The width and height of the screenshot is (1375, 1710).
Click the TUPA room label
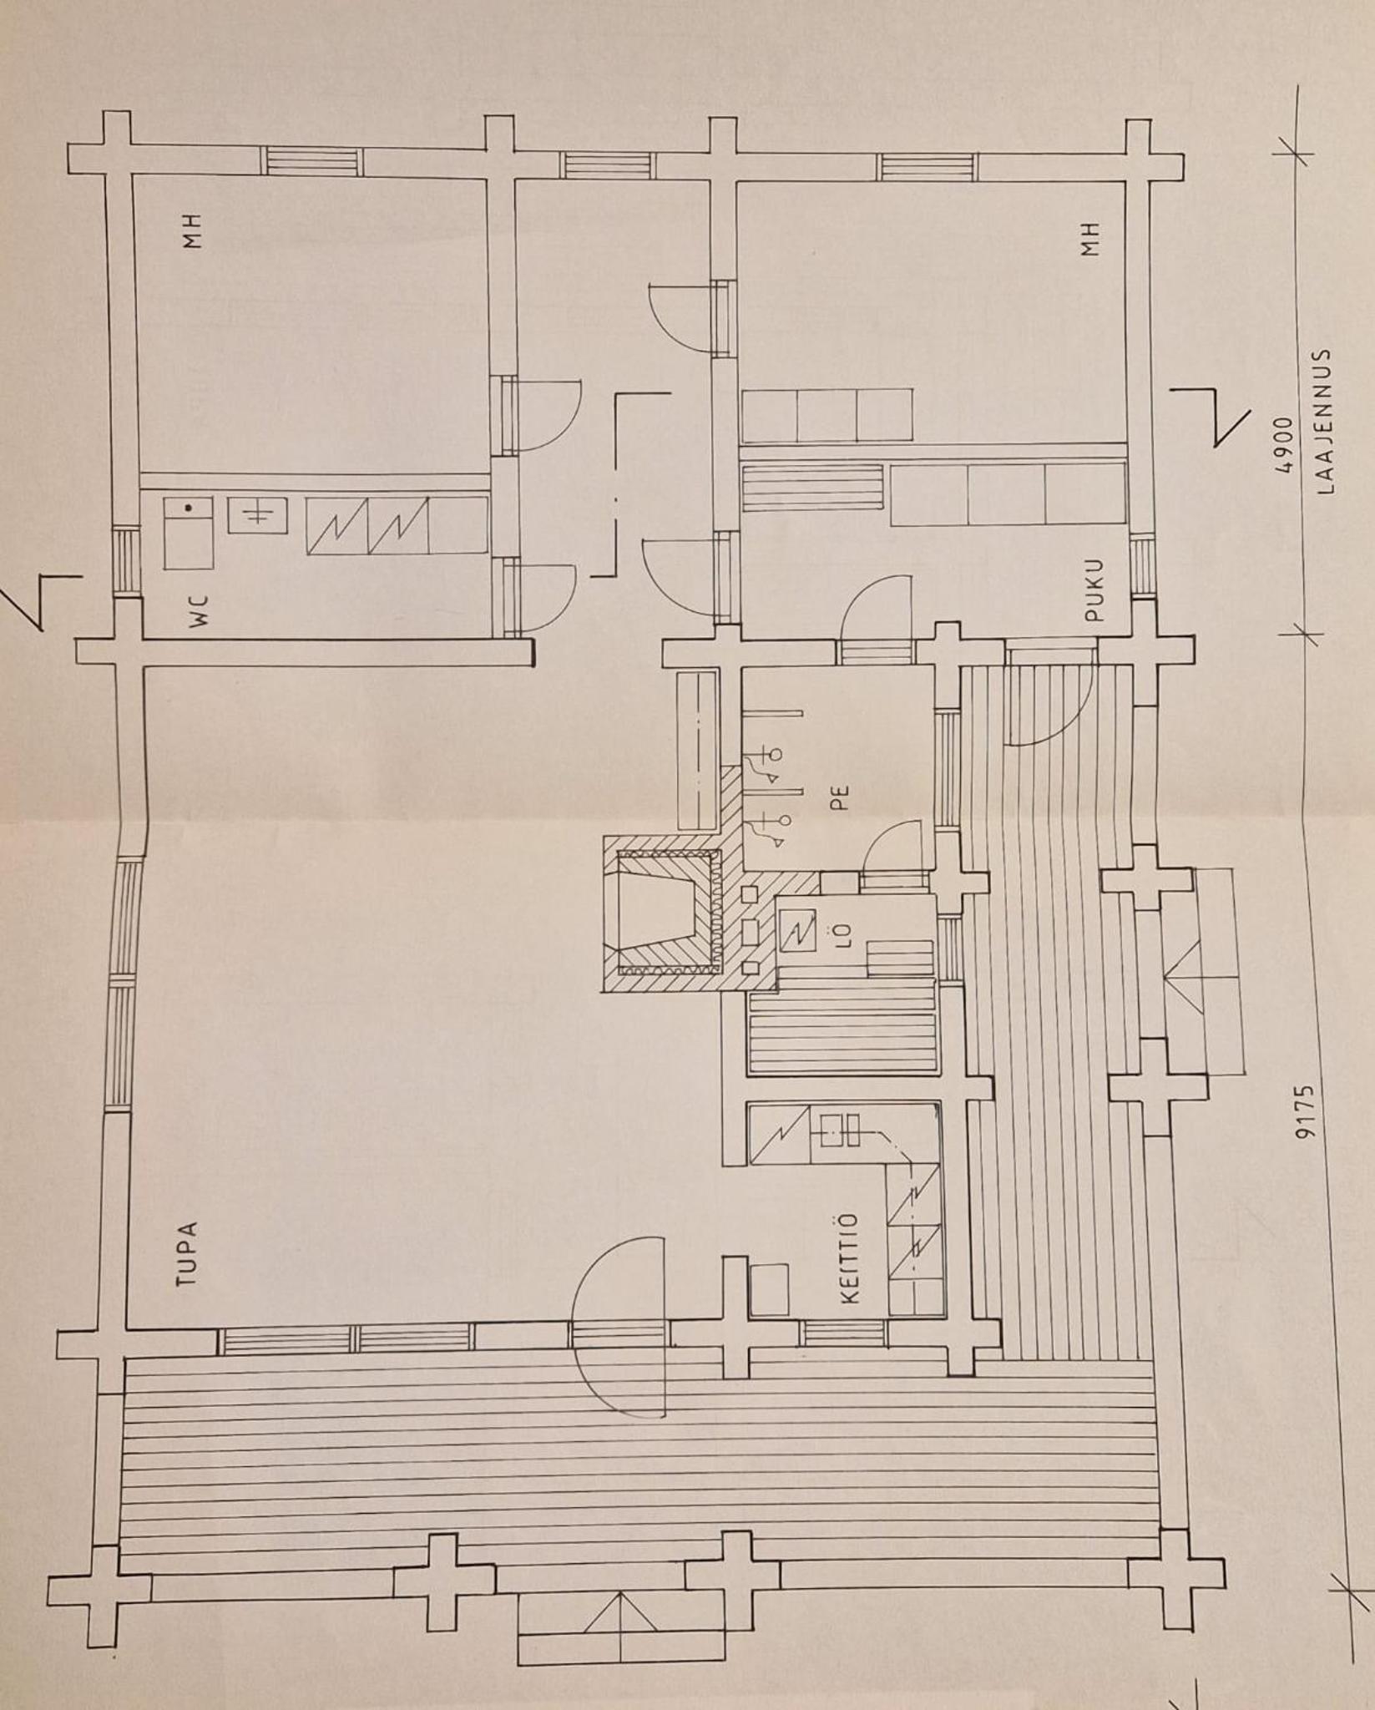[188, 1255]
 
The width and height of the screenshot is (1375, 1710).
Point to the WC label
[201, 610]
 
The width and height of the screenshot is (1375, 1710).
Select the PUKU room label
[1095, 589]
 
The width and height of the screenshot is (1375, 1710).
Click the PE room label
[840, 797]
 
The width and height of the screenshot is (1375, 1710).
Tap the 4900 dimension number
[1283, 444]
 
